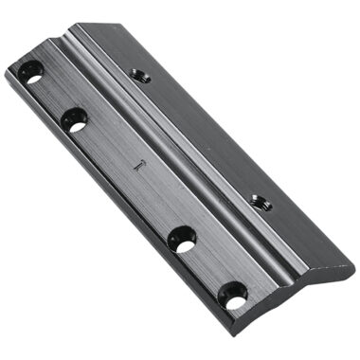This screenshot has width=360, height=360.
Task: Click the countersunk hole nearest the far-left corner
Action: [x=31, y=73]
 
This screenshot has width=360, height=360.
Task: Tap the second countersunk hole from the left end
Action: [x=74, y=119]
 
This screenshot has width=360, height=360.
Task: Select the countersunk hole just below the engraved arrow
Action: [x=183, y=239]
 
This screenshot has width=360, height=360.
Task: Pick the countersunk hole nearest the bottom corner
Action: [x=233, y=296]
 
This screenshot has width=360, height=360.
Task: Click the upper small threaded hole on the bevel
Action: [x=141, y=76]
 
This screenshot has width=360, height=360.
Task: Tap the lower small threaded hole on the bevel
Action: [x=259, y=202]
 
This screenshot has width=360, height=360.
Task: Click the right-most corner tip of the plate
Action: [x=353, y=268]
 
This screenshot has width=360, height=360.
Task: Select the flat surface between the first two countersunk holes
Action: [x=52, y=97]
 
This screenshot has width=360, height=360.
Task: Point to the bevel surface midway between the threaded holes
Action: [x=200, y=139]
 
